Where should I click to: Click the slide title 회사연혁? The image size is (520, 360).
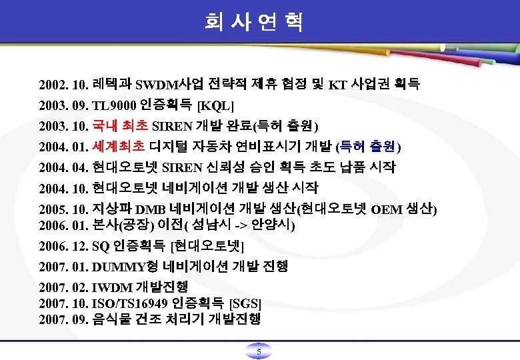pyautogui.click(x=254, y=23)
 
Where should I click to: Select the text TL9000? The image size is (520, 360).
pyautogui.click(x=115, y=105)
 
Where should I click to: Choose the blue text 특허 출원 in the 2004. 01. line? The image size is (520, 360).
pyautogui.click(x=371, y=147)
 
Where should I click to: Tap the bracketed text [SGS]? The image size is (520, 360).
pyautogui.click(x=245, y=303)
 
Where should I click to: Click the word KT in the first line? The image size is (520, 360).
pyautogui.click(x=338, y=85)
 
